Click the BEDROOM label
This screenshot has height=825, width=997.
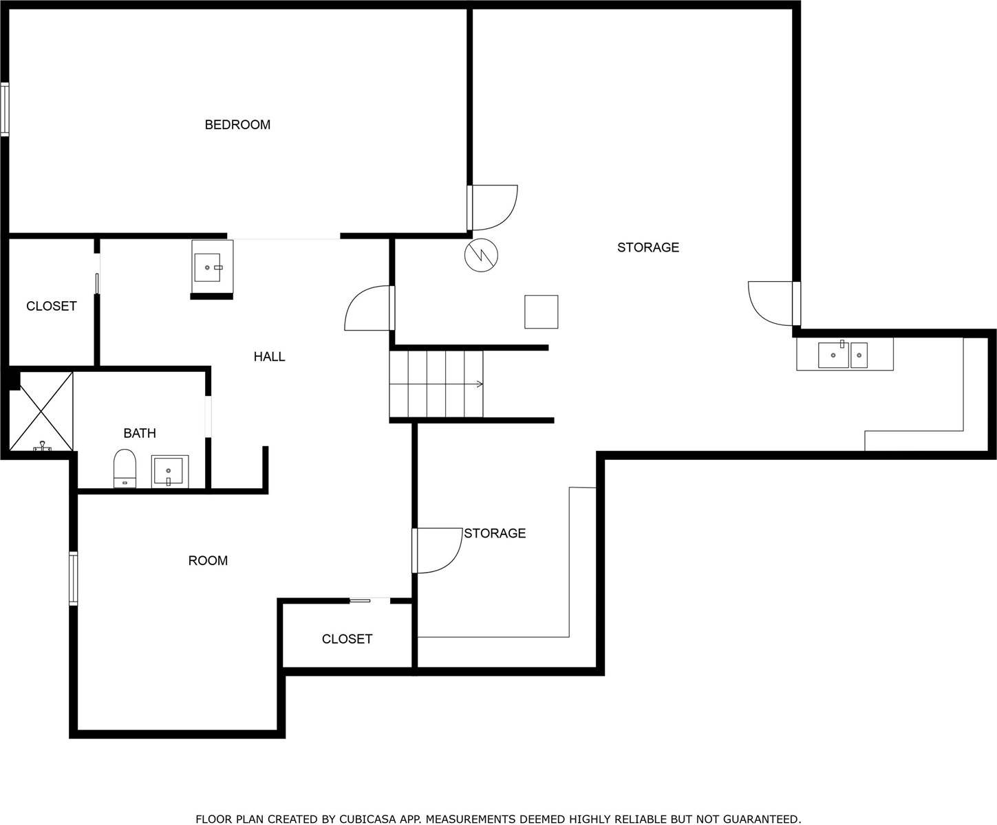[x=237, y=124]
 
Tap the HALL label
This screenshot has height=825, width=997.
[x=269, y=356]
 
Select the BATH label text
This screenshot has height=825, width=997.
[x=140, y=433]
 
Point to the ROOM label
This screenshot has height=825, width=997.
[x=208, y=560]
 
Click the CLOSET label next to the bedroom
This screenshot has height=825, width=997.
[x=52, y=306]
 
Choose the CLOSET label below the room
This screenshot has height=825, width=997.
[x=347, y=639]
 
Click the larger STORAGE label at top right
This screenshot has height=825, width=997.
[x=647, y=247]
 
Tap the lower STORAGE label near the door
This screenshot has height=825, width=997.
[x=495, y=533]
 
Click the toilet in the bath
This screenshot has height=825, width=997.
[x=125, y=468]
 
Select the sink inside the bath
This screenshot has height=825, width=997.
[x=169, y=471]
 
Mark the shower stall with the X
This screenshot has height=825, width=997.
[x=41, y=411]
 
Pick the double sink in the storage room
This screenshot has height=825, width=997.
[x=843, y=355]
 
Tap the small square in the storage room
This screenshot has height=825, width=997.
[x=541, y=311]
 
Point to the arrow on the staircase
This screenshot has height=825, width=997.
[x=479, y=384]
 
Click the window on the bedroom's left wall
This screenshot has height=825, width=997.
[x=5, y=109]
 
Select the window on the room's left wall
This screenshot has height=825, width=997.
[x=73, y=578]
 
